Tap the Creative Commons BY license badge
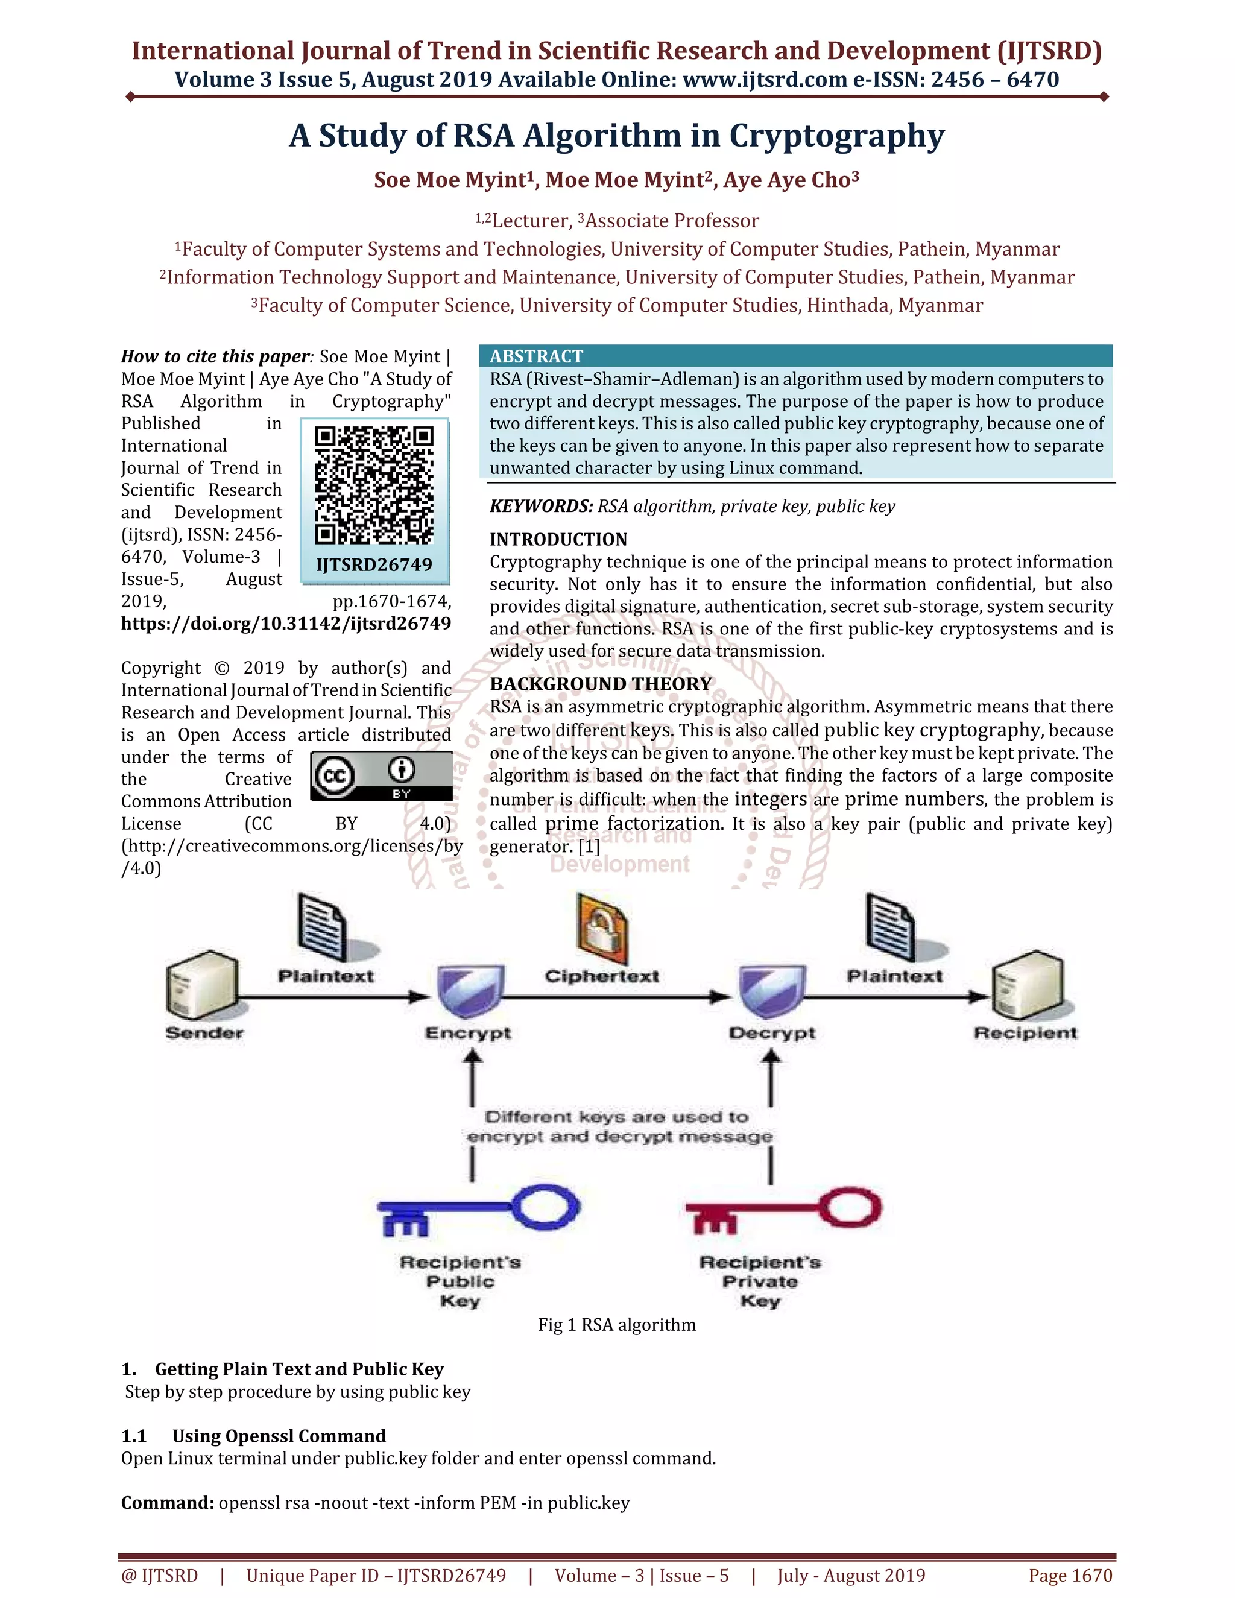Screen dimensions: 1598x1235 click(381, 775)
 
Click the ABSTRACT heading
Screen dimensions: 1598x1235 click(536, 356)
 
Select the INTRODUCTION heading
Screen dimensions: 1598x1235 click(558, 539)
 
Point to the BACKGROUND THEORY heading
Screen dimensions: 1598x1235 click(601, 683)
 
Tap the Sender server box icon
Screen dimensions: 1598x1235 click(203, 985)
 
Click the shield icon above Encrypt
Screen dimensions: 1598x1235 click(470, 991)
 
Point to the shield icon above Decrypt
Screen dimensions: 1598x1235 click(772, 991)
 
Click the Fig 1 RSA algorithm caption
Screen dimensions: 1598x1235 click(617, 1324)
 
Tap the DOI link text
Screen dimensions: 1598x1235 click(286, 624)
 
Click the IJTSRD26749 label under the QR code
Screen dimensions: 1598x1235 click(374, 565)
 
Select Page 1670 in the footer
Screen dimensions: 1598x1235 click(1070, 1575)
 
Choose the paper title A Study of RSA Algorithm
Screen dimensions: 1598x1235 click(617, 135)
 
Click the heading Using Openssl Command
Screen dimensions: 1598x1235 click(279, 1436)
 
